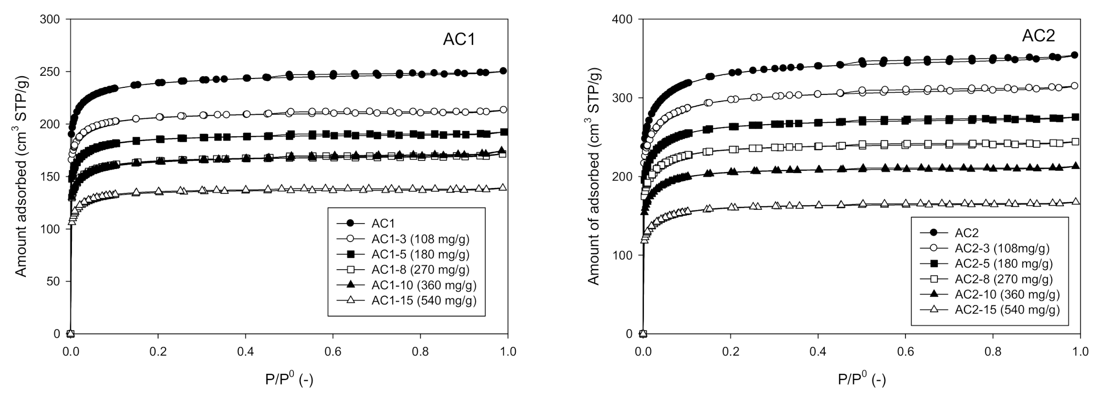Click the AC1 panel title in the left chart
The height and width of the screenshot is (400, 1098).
click(459, 39)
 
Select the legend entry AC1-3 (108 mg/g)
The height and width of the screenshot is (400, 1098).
click(420, 239)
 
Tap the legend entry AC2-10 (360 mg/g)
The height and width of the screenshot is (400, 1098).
click(1007, 294)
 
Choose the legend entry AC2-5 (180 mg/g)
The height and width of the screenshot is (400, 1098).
click(1003, 263)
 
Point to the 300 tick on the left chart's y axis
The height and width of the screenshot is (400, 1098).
click(51, 19)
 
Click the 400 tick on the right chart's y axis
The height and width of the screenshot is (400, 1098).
click(623, 19)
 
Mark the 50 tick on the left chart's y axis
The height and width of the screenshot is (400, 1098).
click(54, 281)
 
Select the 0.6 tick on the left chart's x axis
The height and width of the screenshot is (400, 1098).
click(333, 352)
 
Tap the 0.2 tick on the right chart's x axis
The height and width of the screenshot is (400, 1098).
click(731, 352)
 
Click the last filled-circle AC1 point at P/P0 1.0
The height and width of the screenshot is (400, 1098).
click(503, 71)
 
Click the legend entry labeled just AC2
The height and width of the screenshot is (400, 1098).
click(966, 232)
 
